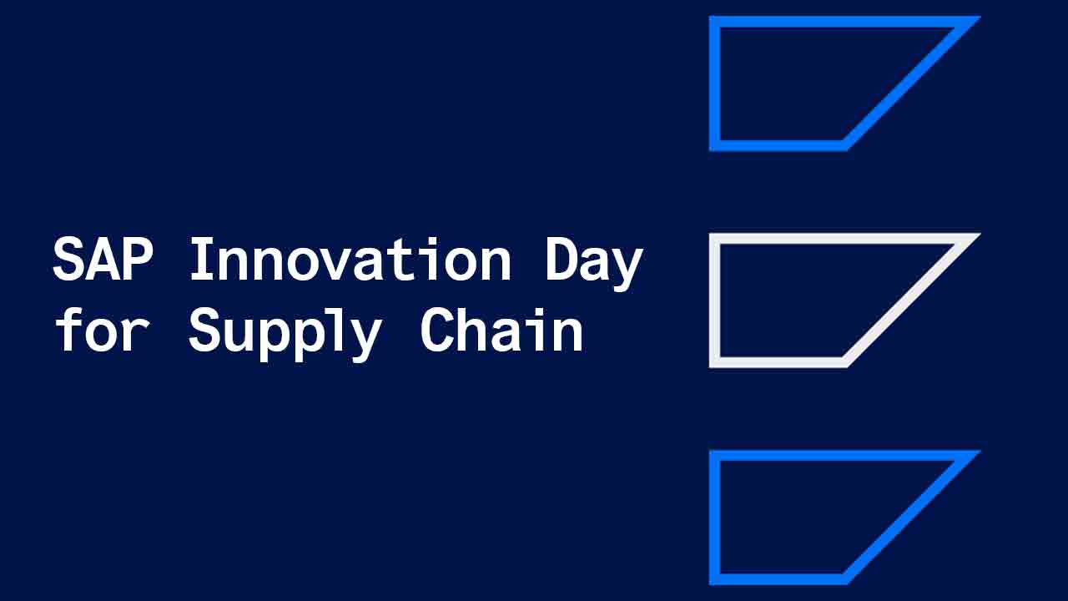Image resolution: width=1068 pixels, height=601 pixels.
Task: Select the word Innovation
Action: pyautogui.click(x=350, y=259)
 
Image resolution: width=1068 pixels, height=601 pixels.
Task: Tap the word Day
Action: pyautogui.click(x=593, y=260)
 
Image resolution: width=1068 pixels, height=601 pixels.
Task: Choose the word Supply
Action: pyautogui.click(x=285, y=332)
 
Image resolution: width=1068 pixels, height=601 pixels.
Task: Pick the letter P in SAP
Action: pyautogui.click(x=139, y=259)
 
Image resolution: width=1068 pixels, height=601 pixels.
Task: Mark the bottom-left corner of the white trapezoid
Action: pyautogui.click(x=714, y=363)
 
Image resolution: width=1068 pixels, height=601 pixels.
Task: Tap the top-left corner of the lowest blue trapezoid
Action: pyautogui.click(x=714, y=455)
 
